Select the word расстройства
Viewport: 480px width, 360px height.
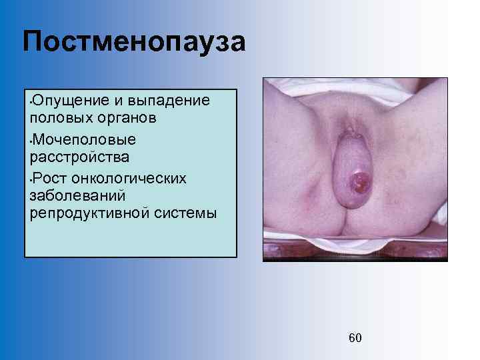[x=79, y=158]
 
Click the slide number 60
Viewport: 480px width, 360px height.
[x=355, y=338]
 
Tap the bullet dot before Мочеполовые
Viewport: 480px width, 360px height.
[x=29, y=141]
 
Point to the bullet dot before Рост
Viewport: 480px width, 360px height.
[x=29, y=179]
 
